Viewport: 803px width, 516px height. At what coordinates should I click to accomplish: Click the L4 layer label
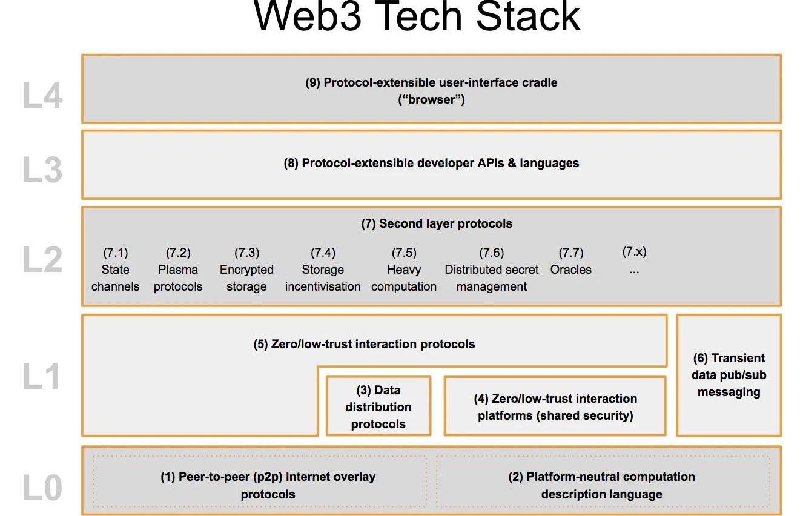(42, 96)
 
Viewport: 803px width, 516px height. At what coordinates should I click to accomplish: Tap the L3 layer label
(42, 170)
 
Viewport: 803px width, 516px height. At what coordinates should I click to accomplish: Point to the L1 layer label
(42, 377)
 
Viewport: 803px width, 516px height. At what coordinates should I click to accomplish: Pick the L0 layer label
(42, 489)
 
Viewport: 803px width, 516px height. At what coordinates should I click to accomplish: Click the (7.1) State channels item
(115, 270)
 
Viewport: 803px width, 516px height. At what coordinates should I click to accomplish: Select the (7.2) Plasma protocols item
(178, 270)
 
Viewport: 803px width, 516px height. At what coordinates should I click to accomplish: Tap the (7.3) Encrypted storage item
(246, 270)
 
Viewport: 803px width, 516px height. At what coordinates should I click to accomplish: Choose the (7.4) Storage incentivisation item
(323, 270)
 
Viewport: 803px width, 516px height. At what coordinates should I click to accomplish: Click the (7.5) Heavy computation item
(404, 270)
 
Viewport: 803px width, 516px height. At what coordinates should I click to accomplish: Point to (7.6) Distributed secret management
(492, 270)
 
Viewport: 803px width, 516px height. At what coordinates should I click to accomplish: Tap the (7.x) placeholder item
(634, 260)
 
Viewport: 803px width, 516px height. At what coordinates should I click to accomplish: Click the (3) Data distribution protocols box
(378, 406)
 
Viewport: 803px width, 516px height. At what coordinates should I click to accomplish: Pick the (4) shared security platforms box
(555, 406)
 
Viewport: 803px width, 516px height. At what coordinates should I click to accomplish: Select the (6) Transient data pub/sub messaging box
(729, 375)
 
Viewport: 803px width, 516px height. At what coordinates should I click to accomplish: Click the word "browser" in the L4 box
(432, 100)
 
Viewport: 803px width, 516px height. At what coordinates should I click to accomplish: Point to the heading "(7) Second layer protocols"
(437, 223)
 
